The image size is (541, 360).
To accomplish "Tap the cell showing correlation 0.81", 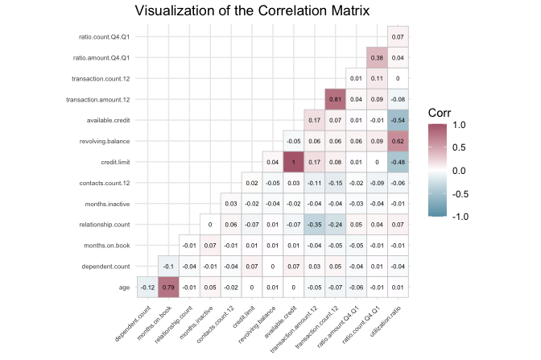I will tap(335, 99).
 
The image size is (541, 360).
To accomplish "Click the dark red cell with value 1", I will tap(293, 162).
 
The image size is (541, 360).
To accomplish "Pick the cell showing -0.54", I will tap(397, 120).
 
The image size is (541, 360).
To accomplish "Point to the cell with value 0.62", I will tap(397, 141).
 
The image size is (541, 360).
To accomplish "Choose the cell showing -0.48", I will tap(397, 162).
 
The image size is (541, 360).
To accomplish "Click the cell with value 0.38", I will tap(376, 58).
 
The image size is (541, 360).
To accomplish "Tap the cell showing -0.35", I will tap(314, 224).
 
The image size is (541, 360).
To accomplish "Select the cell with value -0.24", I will tap(335, 224).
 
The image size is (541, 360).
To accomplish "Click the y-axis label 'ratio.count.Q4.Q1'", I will tap(101, 37).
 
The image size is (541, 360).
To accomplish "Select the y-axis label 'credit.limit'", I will tap(112, 162).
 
